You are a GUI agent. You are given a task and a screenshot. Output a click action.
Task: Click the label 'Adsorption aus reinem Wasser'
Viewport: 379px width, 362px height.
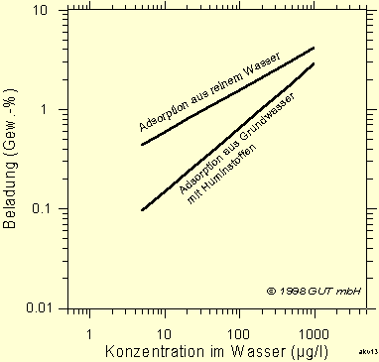tap(209, 90)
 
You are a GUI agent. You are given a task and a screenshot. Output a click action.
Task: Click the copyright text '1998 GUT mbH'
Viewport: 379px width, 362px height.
tap(321, 292)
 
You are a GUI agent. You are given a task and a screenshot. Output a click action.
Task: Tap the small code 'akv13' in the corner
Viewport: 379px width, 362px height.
tap(368, 353)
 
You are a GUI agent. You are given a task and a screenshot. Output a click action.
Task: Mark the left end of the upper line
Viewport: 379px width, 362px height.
tap(142, 145)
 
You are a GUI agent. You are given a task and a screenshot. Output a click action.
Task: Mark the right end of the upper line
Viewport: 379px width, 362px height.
tap(315, 48)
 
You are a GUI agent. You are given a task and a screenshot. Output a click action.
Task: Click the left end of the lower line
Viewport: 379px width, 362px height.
tap(142, 210)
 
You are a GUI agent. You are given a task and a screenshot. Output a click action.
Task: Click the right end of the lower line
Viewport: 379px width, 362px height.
tap(315, 63)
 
